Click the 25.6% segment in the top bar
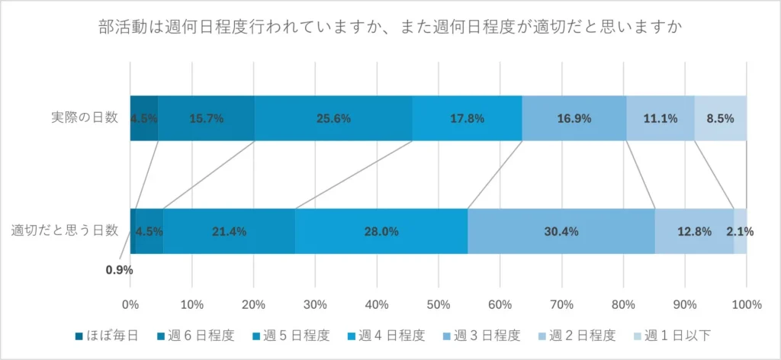tap(333, 118)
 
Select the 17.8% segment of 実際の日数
tap(467, 118)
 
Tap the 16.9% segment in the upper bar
tap(574, 118)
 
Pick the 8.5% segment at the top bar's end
tap(720, 118)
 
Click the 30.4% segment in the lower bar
tap(561, 231)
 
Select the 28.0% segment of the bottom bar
tap(381, 231)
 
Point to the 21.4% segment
tap(229, 231)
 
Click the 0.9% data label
tap(119, 269)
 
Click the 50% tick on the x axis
tap(439, 305)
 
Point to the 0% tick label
tap(131, 305)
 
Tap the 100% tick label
tap(746, 305)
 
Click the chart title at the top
tap(390, 28)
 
